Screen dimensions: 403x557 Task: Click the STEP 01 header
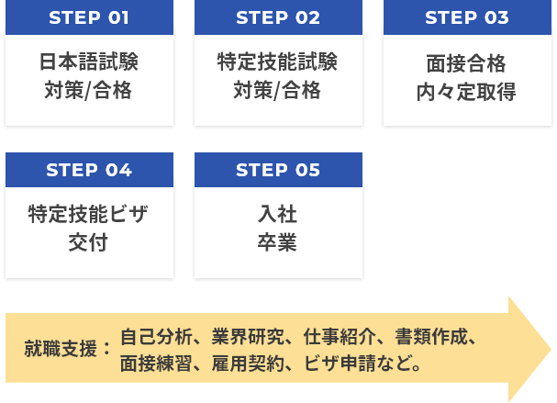[89, 17]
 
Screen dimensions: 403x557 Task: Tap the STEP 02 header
[278, 17]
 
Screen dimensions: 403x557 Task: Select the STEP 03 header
[467, 17]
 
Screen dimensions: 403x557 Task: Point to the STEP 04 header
[89, 170]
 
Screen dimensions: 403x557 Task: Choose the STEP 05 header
[278, 170]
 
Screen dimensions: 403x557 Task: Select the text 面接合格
[467, 64]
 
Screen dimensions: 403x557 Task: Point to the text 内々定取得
[467, 92]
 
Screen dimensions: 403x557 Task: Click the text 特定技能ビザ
[89, 215]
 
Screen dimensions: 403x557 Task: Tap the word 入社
[278, 215]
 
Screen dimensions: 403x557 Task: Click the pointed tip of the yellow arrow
[550, 349]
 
